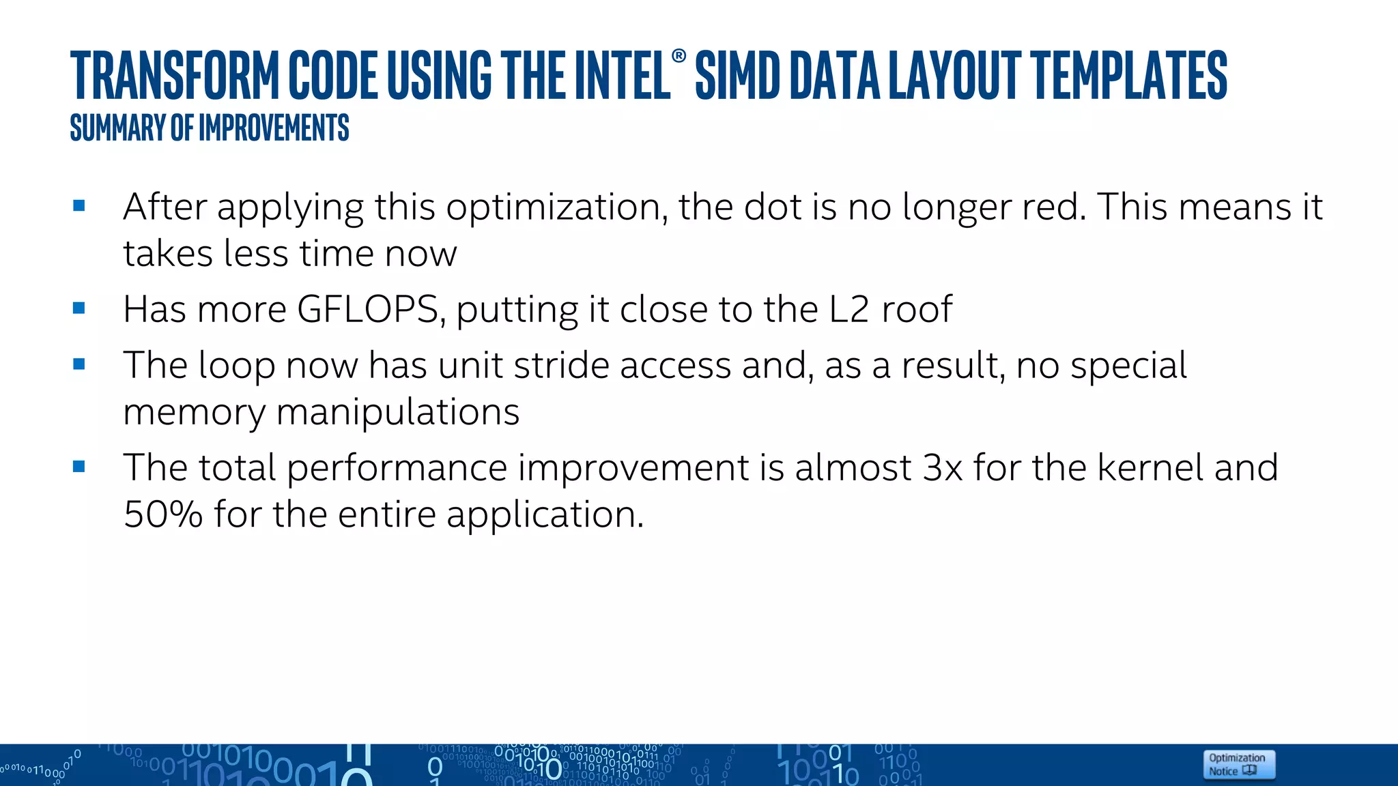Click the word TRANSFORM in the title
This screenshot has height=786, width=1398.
click(175, 76)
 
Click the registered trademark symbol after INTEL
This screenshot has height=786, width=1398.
click(679, 56)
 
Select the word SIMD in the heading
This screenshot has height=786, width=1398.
click(737, 76)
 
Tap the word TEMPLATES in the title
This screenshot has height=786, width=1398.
click(1129, 76)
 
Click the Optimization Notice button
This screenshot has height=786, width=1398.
click(1238, 764)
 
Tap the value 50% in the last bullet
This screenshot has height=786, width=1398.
click(163, 514)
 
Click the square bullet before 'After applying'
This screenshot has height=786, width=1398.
click(79, 205)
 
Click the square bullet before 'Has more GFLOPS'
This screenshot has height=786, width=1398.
click(79, 308)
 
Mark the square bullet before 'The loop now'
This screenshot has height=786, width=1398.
click(79, 364)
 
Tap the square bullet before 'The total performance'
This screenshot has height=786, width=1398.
click(79, 467)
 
